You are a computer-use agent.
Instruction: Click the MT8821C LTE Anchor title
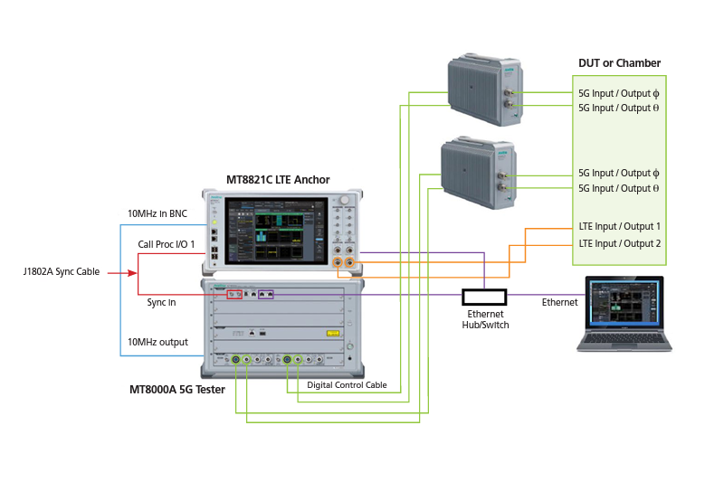[278, 180]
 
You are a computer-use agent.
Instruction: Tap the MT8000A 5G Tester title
[176, 390]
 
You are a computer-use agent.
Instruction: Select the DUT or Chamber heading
[619, 63]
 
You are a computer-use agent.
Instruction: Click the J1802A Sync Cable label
[62, 271]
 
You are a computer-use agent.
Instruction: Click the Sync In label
[161, 302]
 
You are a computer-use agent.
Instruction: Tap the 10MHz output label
[157, 341]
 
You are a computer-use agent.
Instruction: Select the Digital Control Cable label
[347, 385]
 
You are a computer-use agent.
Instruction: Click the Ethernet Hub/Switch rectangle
[484, 297]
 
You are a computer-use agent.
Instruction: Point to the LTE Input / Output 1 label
[620, 226]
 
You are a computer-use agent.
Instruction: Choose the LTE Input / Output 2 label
[620, 243]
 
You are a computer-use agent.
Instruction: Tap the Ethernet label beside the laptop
[558, 302]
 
